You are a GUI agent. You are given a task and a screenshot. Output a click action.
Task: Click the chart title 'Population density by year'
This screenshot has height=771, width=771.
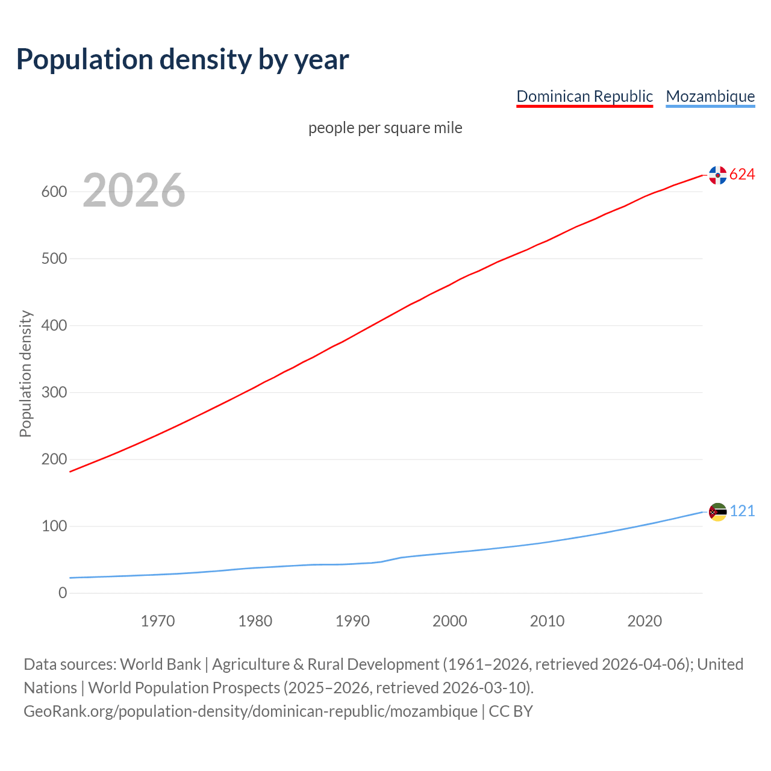pyautogui.click(x=183, y=59)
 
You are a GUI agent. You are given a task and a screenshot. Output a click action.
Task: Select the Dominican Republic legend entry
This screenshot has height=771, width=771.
pyautogui.click(x=584, y=96)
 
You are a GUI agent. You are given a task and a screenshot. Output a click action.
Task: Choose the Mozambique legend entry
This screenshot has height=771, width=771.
pyautogui.click(x=710, y=96)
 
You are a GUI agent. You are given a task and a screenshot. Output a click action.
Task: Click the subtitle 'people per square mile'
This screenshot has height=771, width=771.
pyautogui.click(x=385, y=128)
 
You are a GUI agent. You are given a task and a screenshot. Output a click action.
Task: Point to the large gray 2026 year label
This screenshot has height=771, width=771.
pyautogui.click(x=134, y=190)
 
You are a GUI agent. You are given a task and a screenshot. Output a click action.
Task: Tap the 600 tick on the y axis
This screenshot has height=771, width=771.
pyautogui.click(x=54, y=192)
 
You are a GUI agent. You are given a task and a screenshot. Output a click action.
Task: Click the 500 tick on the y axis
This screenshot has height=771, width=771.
pyautogui.click(x=54, y=259)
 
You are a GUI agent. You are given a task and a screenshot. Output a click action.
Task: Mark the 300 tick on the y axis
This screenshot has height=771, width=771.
pyautogui.click(x=54, y=393)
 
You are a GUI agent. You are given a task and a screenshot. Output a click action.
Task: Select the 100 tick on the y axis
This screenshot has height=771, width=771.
pyautogui.click(x=54, y=526)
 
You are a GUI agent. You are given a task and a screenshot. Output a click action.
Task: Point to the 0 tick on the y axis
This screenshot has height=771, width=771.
pyautogui.click(x=63, y=593)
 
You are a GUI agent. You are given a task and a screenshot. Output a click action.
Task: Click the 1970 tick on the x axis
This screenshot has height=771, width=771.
pyautogui.click(x=158, y=621)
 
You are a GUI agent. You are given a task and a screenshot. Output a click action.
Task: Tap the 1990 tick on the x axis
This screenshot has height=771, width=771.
pyautogui.click(x=352, y=621)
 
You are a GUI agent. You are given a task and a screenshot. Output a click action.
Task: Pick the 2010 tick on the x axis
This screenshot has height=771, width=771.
pyautogui.click(x=547, y=621)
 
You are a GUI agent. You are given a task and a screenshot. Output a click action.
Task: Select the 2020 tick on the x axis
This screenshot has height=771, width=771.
pyautogui.click(x=645, y=621)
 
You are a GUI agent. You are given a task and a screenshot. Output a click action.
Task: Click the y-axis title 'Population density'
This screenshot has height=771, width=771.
pyautogui.click(x=25, y=373)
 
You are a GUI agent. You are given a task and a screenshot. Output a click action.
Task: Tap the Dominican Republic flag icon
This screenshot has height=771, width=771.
pyautogui.click(x=717, y=175)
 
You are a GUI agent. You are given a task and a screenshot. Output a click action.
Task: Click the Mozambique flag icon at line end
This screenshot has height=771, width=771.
pyautogui.click(x=717, y=511)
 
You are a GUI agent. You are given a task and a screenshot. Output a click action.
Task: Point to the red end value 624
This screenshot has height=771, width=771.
pyautogui.click(x=742, y=175)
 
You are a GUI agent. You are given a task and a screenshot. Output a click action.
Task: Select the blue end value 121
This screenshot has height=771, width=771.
pyautogui.click(x=742, y=511)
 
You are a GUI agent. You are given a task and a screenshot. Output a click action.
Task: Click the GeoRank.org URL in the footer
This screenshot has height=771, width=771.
pyautogui.click(x=251, y=711)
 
